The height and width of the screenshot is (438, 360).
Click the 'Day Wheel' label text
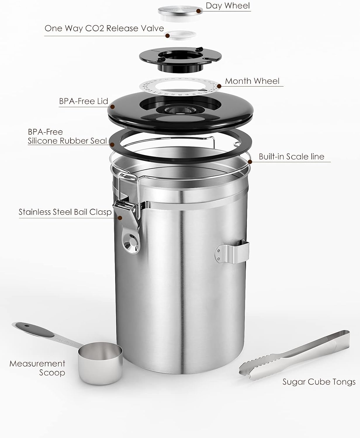[x=228, y=6]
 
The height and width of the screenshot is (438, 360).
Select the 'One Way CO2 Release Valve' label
[x=104, y=28]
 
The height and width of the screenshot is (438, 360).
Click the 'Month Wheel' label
[x=252, y=81]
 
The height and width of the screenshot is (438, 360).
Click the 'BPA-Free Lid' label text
[x=84, y=101]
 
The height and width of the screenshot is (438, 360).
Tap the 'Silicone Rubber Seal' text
[x=67, y=141]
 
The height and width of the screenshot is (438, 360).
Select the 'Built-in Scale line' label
[x=291, y=157]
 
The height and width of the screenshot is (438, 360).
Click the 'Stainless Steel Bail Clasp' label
[x=65, y=212]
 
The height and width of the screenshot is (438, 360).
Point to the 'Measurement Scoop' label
[x=37, y=368]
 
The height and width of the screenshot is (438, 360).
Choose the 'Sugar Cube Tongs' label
[x=319, y=382]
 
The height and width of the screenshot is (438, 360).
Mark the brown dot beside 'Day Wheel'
[x=199, y=11]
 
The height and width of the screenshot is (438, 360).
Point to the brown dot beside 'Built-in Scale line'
[x=250, y=161]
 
